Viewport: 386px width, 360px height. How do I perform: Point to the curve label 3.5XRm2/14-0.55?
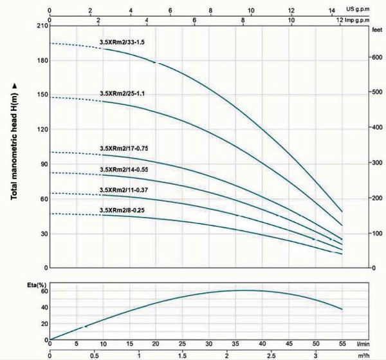125,169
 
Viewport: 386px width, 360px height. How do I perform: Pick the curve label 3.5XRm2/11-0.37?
125,190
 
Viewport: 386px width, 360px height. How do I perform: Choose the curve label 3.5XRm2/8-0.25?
122,210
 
